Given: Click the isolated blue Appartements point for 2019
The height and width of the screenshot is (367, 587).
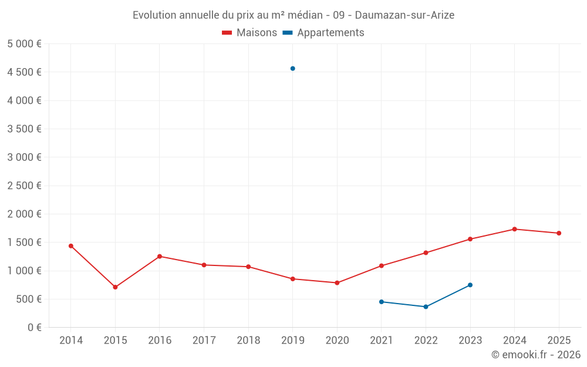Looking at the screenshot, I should [x=292, y=69].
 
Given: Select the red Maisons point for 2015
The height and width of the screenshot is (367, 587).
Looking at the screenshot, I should [x=115, y=287].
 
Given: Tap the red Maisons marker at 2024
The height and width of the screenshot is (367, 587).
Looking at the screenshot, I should [x=514, y=229].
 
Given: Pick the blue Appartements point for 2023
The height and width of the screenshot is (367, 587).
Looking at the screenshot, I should [x=470, y=285].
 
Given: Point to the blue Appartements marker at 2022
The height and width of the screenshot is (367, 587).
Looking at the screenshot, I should [x=426, y=307].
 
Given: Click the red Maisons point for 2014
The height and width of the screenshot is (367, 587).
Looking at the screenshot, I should [x=71, y=246].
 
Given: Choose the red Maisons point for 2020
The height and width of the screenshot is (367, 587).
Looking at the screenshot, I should [x=337, y=282].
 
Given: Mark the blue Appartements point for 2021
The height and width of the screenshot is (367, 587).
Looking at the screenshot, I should [x=382, y=302].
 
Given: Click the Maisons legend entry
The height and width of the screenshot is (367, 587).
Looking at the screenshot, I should [x=249, y=33].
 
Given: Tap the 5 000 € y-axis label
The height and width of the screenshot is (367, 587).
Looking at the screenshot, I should [x=24, y=44].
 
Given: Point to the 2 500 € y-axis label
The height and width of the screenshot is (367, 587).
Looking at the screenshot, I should [x=24, y=186].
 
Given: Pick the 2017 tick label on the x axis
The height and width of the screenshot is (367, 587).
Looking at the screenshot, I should [x=204, y=340].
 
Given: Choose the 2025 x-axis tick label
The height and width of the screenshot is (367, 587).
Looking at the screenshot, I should [x=558, y=340].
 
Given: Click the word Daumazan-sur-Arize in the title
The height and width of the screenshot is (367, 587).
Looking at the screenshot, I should [x=404, y=15].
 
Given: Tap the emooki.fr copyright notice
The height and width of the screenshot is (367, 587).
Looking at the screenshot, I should [x=536, y=355].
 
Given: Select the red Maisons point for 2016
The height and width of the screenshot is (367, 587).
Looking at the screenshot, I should [x=160, y=257].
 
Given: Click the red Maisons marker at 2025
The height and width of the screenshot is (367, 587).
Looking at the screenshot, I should [x=559, y=233].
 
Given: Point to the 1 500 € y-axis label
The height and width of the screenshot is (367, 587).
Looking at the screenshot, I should [x=24, y=243].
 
